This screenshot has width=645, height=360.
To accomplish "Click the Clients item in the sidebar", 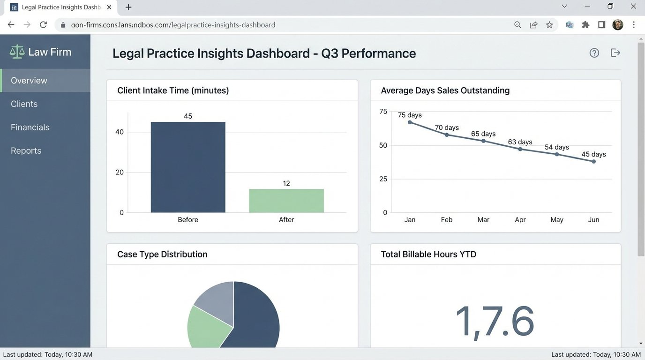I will (24, 104).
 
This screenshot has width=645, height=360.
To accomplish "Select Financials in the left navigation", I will (30, 127).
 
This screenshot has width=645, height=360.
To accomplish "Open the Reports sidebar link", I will (26, 151).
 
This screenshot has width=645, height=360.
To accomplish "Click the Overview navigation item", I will (29, 81).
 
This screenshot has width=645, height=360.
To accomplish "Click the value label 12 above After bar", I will (286, 183).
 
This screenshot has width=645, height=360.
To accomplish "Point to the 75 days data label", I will (410, 115).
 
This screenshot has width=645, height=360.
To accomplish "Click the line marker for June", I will (593, 161).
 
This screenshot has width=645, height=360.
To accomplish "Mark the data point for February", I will (447, 135).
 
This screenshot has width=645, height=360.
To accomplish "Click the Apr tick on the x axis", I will (520, 220).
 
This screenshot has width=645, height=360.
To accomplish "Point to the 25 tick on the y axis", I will (383, 179).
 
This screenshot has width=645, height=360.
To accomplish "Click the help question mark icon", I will (594, 53).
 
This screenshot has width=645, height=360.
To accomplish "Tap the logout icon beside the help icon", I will (615, 53).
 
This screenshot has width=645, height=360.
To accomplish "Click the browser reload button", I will (43, 25).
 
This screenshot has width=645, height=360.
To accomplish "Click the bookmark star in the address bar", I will (549, 25).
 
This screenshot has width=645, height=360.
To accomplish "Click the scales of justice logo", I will (17, 52).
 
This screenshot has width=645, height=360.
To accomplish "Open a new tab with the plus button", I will (128, 7).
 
